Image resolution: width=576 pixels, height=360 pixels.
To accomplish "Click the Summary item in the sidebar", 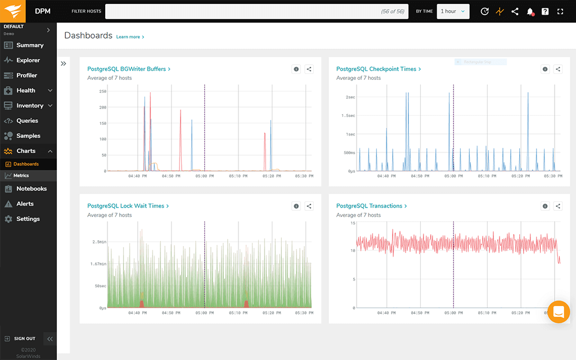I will [29, 45].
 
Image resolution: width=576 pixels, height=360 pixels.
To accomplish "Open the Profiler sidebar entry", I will [26, 75].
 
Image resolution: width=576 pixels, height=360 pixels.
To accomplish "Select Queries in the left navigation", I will [27, 120].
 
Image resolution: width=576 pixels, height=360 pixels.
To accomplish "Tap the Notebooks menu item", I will [31, 189].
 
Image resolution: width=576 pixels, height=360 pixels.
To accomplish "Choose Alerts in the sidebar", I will [25, 204].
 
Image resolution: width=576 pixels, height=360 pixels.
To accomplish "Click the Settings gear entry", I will [28, 219].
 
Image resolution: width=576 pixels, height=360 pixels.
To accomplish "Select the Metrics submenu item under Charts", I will [21, 175].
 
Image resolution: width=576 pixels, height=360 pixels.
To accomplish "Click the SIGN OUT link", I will [24, 339].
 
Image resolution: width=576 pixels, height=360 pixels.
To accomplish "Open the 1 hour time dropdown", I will [453, 11].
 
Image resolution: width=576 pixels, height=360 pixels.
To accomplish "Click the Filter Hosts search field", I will [256, 11].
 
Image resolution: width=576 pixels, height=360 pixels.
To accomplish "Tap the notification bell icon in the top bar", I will [530, 11].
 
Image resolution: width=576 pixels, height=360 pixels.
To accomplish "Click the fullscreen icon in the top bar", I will [560, 11].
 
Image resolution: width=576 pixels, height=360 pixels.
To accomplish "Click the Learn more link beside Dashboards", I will [130, 37].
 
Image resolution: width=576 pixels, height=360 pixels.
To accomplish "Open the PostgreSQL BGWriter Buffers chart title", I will [128, 69].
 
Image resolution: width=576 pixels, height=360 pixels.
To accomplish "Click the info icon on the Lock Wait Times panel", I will [296, 206].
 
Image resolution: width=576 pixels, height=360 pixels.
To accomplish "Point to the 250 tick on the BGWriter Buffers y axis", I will [102, 91].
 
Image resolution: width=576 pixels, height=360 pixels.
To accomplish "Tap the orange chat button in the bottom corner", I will [559, 312].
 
